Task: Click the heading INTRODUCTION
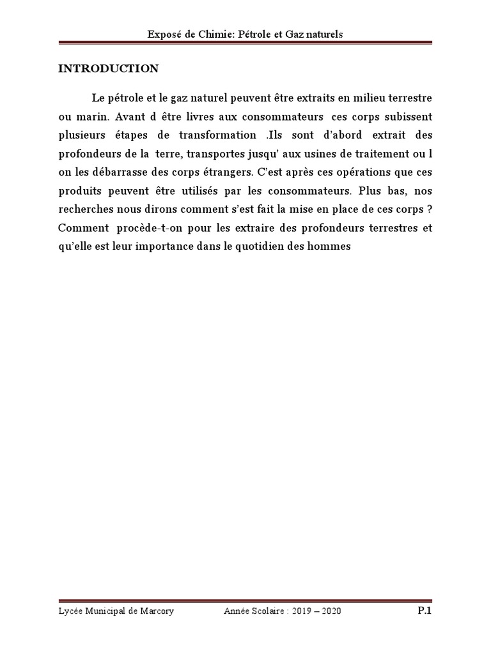click(x=108, y=69)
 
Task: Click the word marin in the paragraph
click(x=95, y=118)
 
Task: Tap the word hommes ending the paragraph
click(x=332, y=247)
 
